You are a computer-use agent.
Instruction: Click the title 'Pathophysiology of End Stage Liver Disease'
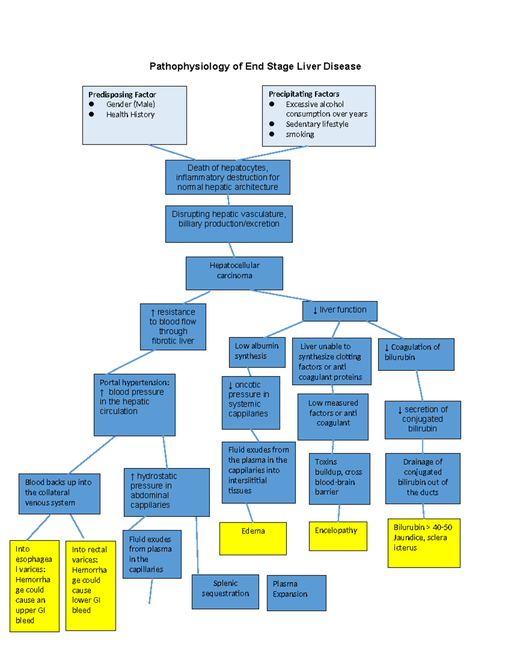point(255,66)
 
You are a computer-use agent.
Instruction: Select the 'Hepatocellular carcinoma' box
point(234,273)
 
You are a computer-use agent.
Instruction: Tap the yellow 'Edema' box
point(253,538)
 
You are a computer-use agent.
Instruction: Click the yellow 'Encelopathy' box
point(338,536)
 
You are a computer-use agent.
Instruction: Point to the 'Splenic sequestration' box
point(225,592)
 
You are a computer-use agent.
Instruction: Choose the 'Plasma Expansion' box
point(296,593)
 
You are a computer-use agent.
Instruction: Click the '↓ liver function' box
point(340,311)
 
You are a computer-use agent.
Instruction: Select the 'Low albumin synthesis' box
point(257,352)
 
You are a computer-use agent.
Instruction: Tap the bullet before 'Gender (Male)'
point(91,104)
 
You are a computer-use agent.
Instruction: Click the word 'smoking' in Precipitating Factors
point(300,134)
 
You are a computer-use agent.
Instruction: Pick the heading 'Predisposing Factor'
point(122,94)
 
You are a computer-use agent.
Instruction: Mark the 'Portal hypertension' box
point(135,404)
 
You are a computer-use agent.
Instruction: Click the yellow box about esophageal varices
point(34,586)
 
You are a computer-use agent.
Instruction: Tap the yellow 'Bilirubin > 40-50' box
point(424,543)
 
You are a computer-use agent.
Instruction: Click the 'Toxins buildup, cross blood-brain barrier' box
point(339,478)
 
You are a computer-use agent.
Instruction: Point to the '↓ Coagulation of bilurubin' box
point(416,354)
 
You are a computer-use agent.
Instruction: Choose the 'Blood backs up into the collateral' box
point(59,493)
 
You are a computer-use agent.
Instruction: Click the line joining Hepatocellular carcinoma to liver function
point(281,295)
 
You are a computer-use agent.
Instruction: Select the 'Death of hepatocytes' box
point(227,177)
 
